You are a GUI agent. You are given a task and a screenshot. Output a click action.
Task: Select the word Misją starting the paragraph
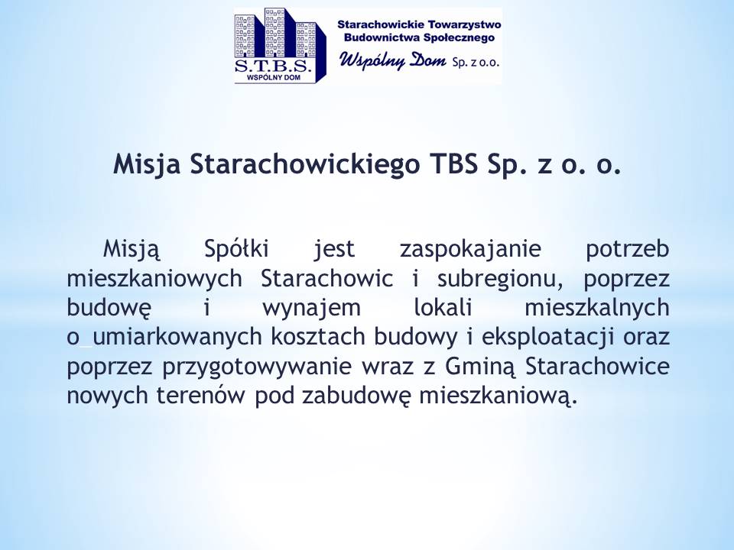[x=132, y=249]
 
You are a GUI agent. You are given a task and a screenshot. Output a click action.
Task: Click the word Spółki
[x=236, y=248]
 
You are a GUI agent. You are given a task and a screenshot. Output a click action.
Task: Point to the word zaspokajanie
[x=470, y=249]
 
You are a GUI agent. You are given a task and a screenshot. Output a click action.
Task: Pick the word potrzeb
[x=627, y=249]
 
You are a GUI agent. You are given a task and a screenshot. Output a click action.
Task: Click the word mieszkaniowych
[x=154, y=280]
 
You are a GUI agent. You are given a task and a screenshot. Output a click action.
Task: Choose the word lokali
[x=443, y=308]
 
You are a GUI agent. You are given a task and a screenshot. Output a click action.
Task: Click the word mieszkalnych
[x=597, y=309]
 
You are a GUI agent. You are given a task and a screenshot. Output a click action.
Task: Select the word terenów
[x=200, y=396]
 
